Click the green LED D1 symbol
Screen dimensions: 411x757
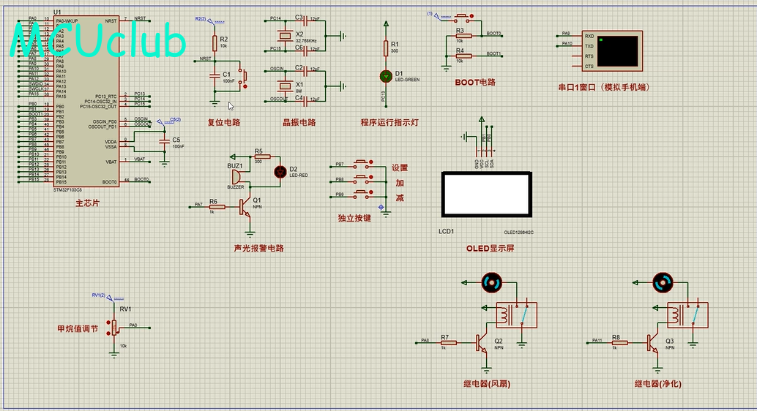pyautogui.click(x=386, y=75)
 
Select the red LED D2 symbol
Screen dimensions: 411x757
pyautogui.click(x=279, y=172)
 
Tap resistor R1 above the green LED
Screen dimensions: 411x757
pyautogui.click(x=386, y=48)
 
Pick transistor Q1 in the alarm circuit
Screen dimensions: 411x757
pyautogui.click(x=247, y=207)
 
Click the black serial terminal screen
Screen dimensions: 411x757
pyautogui.click(x=617, y=50)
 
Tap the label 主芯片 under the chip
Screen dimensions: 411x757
pyautogui.click(x=87, y=203)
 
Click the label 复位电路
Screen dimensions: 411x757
pyautogui.click(x=224, y=122)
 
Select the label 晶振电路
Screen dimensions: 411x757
pyautogui.click(x=299, y=122)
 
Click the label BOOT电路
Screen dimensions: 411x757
pyautogui.click(x=475, y=82)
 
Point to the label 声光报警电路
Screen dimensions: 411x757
pyautogui.click(x=258, y=248)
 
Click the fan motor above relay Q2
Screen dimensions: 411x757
pyautogui.click(x=491, y=282)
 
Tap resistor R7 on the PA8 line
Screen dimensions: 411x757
pyautogui.click(x=447, y=342)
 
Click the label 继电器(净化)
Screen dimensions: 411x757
pyautogui.click(x=658, y=383)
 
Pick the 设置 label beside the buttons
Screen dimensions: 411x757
pyautogui.click(x=400, y=167)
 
